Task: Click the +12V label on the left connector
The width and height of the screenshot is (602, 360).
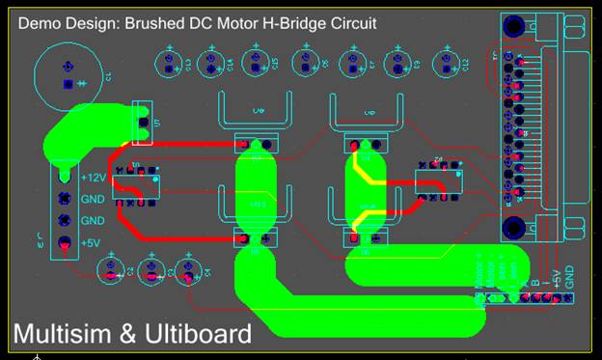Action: tap(94, 179)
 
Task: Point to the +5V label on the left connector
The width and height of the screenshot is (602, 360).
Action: tap(93, 242)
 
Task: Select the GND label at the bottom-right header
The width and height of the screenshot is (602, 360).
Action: tap(569, 276)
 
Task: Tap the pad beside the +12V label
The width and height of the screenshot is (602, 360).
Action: tap(64, 177)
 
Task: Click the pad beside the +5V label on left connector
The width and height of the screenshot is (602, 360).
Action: tap(64, 242)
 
